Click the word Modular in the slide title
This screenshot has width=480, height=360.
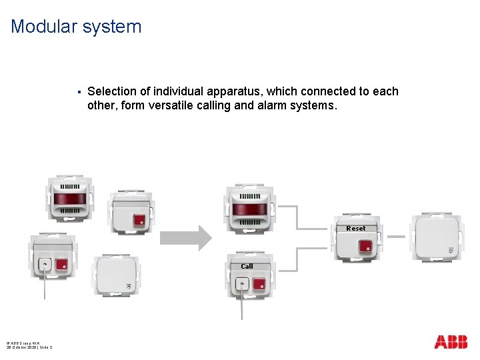(38, 27)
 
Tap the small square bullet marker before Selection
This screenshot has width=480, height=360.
(79, 92)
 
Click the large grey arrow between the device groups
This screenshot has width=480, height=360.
(185, 236)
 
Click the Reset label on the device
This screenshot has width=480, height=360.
(355, 228)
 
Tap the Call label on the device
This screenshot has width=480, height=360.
(247, 266)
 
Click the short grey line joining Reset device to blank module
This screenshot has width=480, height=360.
(397, 237)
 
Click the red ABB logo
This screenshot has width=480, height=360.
(451, 342)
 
